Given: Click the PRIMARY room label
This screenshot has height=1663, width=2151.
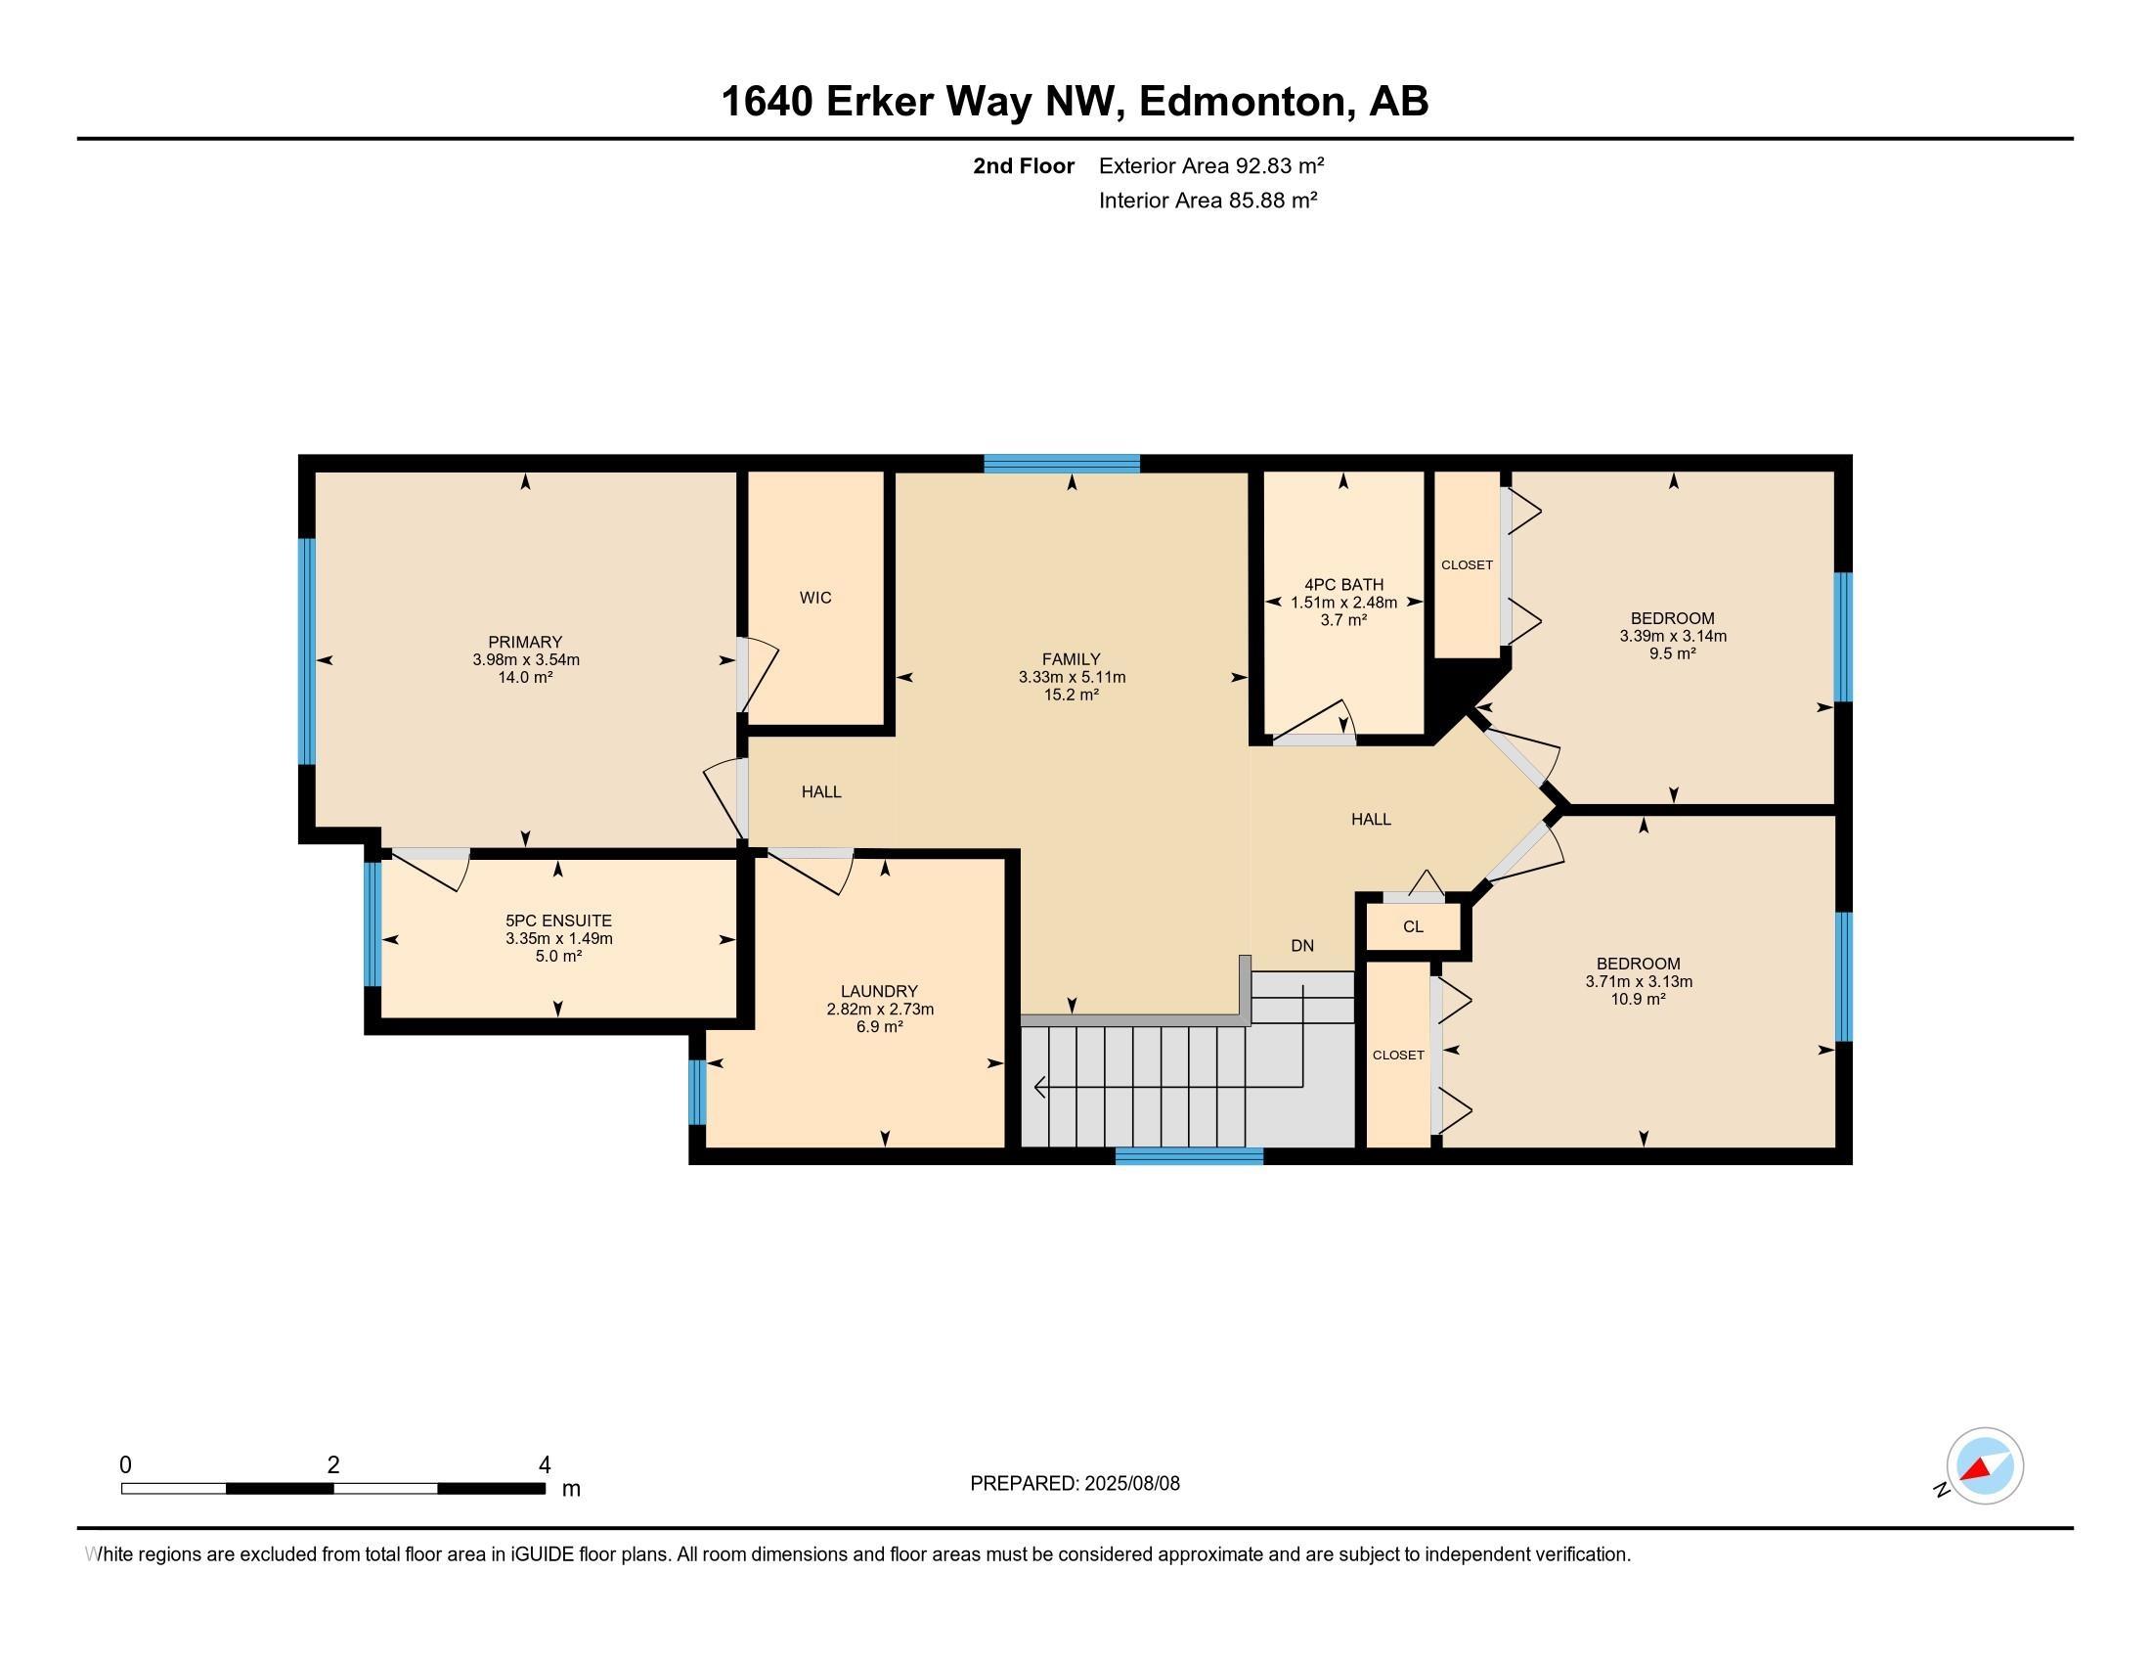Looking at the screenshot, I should tap(525, 642).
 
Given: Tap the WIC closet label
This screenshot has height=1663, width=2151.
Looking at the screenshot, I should tap(815, 597).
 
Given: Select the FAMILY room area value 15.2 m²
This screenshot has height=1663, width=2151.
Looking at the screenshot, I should tap(1072, 695).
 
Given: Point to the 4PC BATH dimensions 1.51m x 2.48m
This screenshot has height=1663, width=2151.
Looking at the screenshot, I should tap(1343, 602).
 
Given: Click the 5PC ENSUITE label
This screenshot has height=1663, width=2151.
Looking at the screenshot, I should tap(558, 921).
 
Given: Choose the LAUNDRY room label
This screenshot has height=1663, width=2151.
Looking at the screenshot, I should tap(879, 991).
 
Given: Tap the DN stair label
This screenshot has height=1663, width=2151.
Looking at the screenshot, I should tap(1302, 946).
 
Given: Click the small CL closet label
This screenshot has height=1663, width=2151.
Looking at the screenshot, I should tap(1413, 926).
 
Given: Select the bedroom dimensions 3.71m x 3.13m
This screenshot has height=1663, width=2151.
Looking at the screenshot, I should tap(1639, 981).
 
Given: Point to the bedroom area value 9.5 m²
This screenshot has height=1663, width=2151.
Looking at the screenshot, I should tap(1672, 653).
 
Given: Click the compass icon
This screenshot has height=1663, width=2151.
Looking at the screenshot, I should tap(1984, 1466).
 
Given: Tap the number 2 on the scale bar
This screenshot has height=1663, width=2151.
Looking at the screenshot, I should tap(332, 1465).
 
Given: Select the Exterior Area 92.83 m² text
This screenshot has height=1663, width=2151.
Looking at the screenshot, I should tap(1210, 165).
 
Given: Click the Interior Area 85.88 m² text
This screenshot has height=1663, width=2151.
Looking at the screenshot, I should tap(1207, 201).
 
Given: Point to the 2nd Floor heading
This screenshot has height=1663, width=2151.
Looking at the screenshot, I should tap(1023, 165).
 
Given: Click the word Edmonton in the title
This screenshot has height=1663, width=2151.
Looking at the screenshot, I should tap(1242, 102).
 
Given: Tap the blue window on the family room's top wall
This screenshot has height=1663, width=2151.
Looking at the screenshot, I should tap(1061, 463).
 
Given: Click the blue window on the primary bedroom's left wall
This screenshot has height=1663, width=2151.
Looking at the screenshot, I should tap(306, 651).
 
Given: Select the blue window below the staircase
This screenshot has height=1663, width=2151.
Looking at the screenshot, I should tap(1188, 1155).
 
